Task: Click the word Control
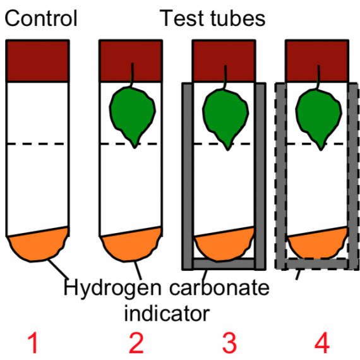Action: [41, 18]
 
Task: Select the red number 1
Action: [33, 343]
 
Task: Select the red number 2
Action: [136, 343]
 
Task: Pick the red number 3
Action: [229, 343]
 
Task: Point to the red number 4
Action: [322, 343]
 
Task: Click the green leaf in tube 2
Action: [133, 115]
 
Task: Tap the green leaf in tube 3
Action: [225, 117]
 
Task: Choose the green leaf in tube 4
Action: [319, 117]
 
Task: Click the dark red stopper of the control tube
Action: [38, 61]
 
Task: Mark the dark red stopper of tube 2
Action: [131, 61]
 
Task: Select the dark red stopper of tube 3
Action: [224, 61]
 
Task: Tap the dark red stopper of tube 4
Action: [317, 61]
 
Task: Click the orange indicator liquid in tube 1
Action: [39, 245]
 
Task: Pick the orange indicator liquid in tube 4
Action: [318, 244]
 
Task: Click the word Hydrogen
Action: [112, 289]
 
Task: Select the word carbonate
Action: [219, 287]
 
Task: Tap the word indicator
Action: [167, 313]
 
